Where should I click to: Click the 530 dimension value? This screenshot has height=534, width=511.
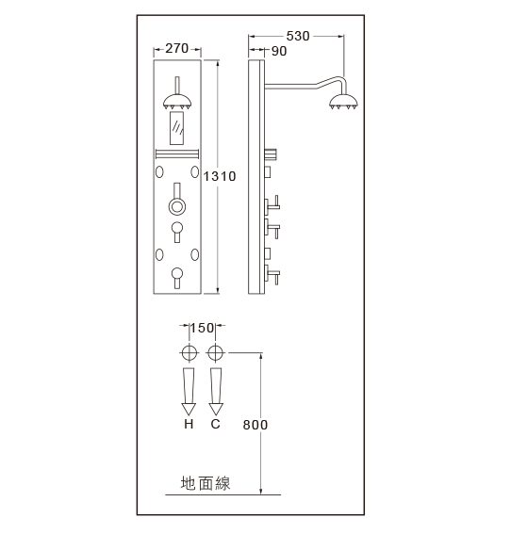298,36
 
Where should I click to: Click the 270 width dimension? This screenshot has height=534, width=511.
177,49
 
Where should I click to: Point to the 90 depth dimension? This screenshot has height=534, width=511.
279,51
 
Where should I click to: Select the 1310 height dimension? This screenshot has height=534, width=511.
220,176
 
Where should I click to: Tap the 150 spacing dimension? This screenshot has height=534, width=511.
202,328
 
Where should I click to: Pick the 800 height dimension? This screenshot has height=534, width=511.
255,425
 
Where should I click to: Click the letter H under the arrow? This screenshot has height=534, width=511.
189,424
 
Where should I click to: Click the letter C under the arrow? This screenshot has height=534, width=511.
215,424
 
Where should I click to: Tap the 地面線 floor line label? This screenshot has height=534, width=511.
206,483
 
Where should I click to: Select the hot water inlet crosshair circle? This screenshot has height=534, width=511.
189,352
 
